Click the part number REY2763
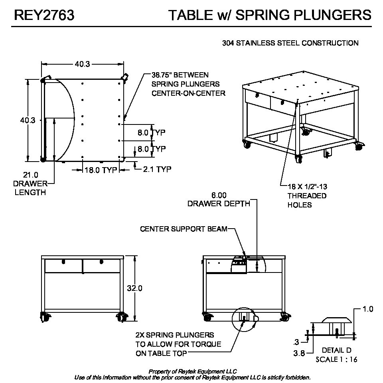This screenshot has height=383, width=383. tap(44, 15)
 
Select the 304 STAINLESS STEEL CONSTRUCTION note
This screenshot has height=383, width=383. tap(290, 43)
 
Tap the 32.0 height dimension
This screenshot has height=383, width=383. tap(134, 288)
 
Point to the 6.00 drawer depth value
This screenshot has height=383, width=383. tap(219, 195)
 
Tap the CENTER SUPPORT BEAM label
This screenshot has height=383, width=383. tap(184, 229)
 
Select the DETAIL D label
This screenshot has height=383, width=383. tap(336, 350)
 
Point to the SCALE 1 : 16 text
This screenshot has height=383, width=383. tap(336, 359)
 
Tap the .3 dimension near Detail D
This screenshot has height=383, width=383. tap(296, 342)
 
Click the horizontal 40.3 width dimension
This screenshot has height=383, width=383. tap(82, 63)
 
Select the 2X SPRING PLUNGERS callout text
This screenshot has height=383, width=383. tap(174, 335)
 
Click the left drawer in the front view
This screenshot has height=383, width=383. tap(63, 266)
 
